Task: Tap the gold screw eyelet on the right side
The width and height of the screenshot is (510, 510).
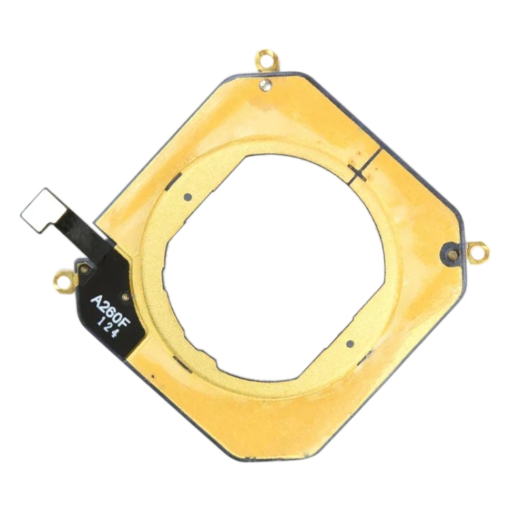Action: coord(478,252)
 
